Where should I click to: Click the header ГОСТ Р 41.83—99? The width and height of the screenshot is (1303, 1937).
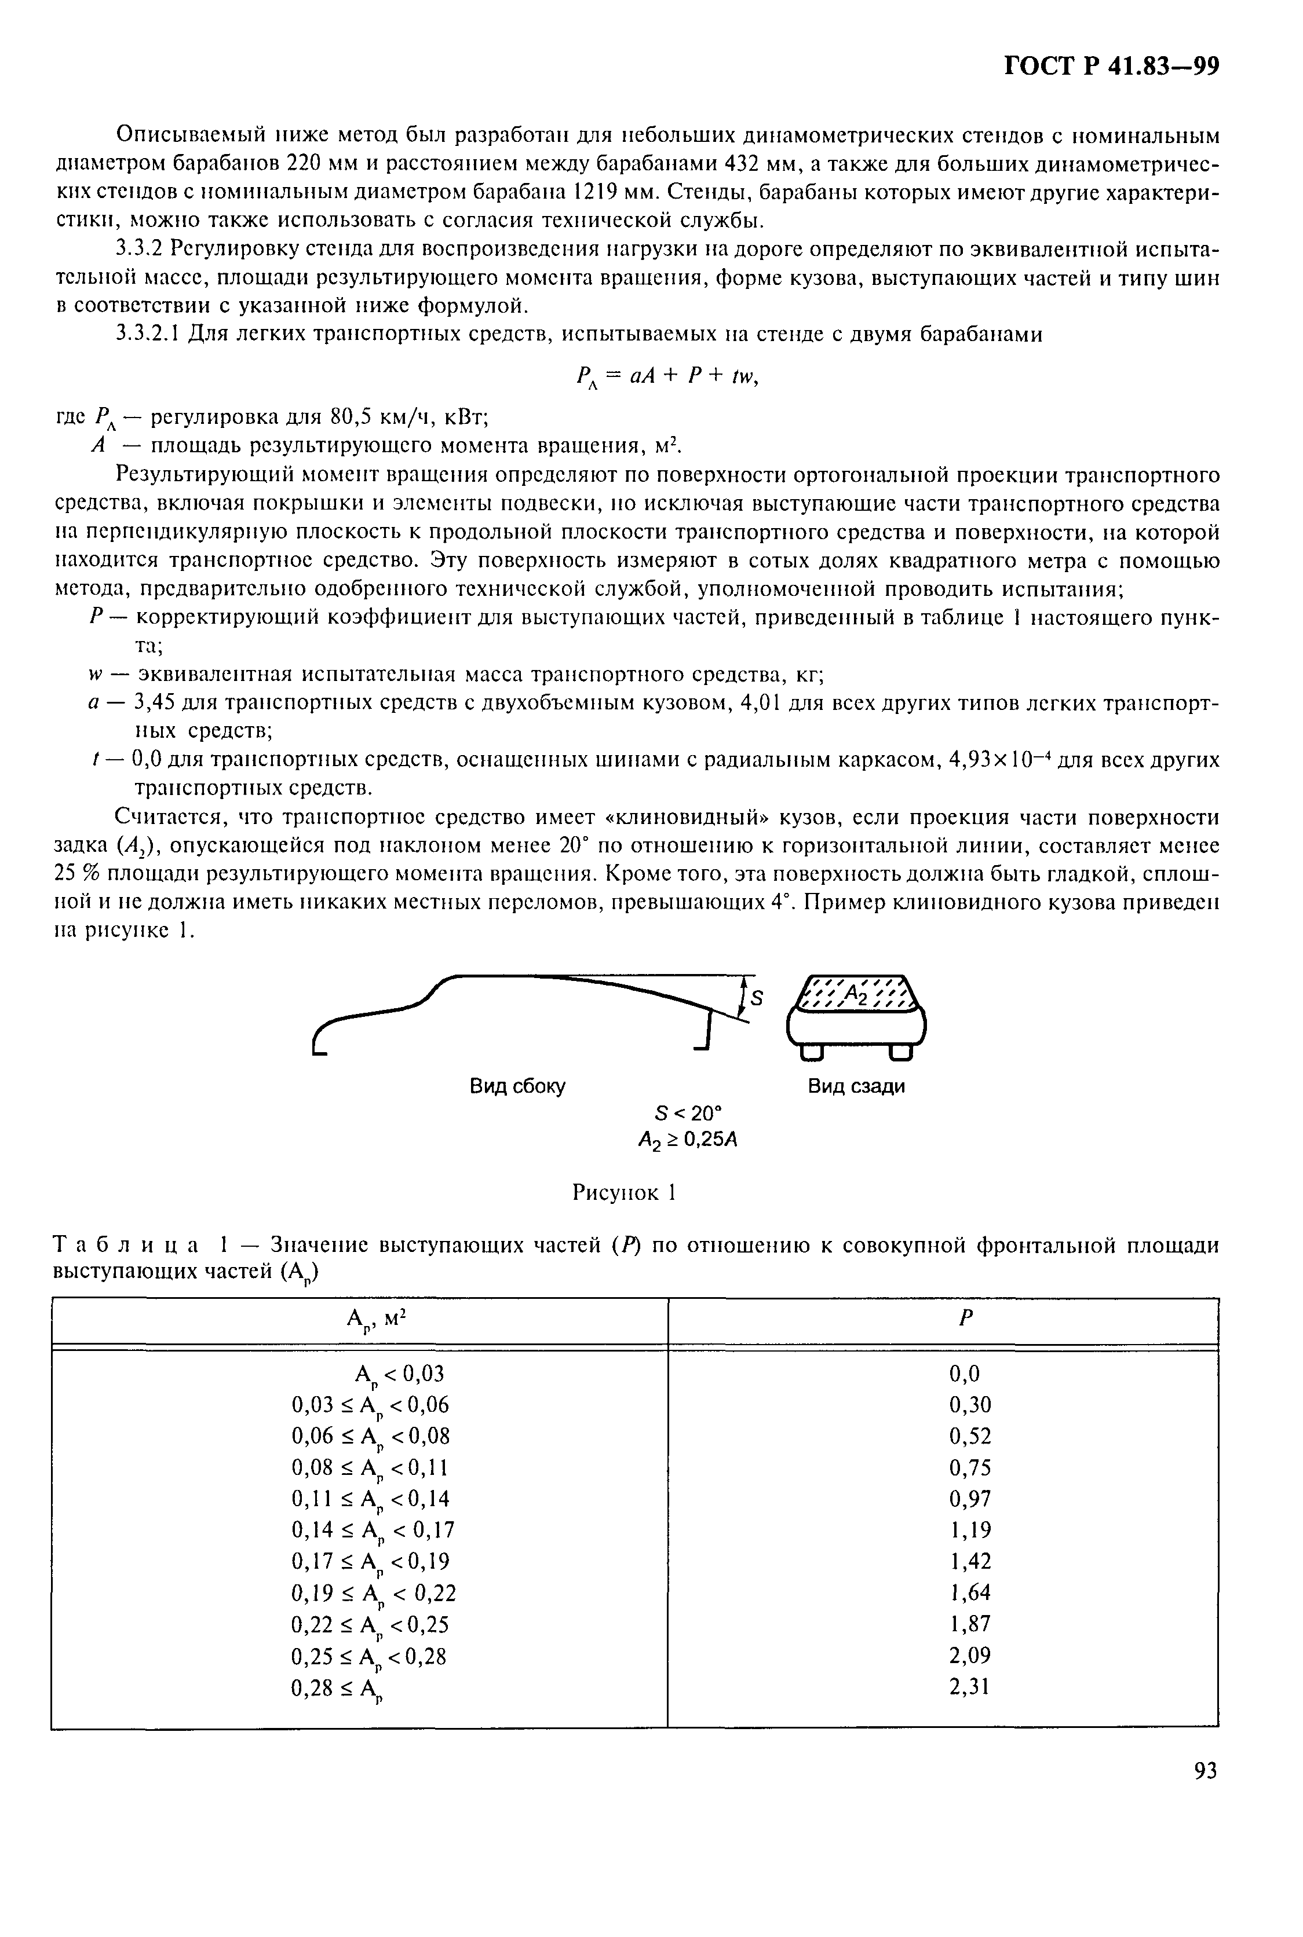coord(1111,67)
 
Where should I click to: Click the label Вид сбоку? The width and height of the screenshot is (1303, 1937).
coord(518,1086)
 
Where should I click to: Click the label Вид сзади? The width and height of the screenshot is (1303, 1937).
coord(856,1086)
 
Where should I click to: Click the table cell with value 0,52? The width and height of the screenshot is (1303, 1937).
coord(970,1436)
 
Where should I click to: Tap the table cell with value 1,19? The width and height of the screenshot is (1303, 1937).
coord(970,1530)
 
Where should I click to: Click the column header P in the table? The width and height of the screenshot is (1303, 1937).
coord(964,1319)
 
